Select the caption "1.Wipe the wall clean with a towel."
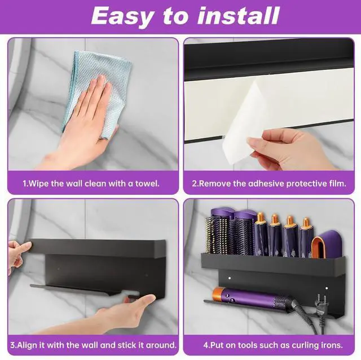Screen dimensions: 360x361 coord(91,183)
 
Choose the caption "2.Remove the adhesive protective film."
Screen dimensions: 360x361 coord(268,183)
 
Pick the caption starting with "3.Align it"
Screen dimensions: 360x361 coord(93,344)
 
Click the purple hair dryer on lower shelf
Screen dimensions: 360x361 coord(248,296)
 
